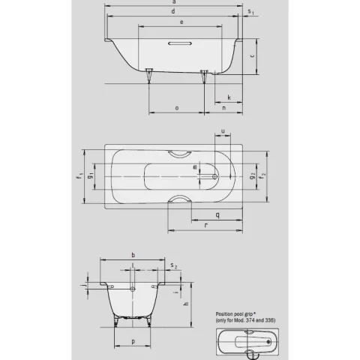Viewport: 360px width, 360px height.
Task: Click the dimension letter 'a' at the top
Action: (174, 3)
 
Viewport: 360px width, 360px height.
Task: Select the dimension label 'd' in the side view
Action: (174, 13)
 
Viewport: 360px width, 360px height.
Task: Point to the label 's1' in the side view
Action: (250, 13)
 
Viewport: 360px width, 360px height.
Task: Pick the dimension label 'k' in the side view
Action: (228, 97)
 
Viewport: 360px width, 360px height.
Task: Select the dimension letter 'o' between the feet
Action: (176, 108)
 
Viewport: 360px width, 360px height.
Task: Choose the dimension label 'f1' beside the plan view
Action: (79, 178)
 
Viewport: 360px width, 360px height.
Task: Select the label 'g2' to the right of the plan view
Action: (253, 177)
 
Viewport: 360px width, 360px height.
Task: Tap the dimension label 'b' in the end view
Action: (133, 255)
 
